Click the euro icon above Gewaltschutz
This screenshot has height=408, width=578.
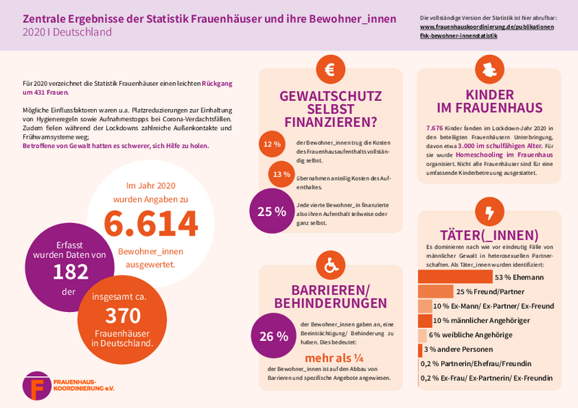coord(330,70)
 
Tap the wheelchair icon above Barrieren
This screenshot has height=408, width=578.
coord(330,266)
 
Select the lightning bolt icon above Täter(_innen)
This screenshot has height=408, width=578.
coord(489,213)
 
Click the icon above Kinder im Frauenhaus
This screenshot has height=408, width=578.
coord(489,70)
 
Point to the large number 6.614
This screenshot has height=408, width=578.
coord(150,224)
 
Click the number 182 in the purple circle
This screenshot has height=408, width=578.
coord(70,272)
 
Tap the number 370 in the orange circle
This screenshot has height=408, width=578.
coord(122,316)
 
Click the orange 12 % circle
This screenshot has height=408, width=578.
coord(272,144)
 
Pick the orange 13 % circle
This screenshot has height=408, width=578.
coord(281,174)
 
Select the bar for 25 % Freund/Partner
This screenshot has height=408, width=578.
coord(436,291)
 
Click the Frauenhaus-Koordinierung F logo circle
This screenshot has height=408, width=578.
coord(37,386)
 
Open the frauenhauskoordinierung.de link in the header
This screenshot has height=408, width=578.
coord(487,27)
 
